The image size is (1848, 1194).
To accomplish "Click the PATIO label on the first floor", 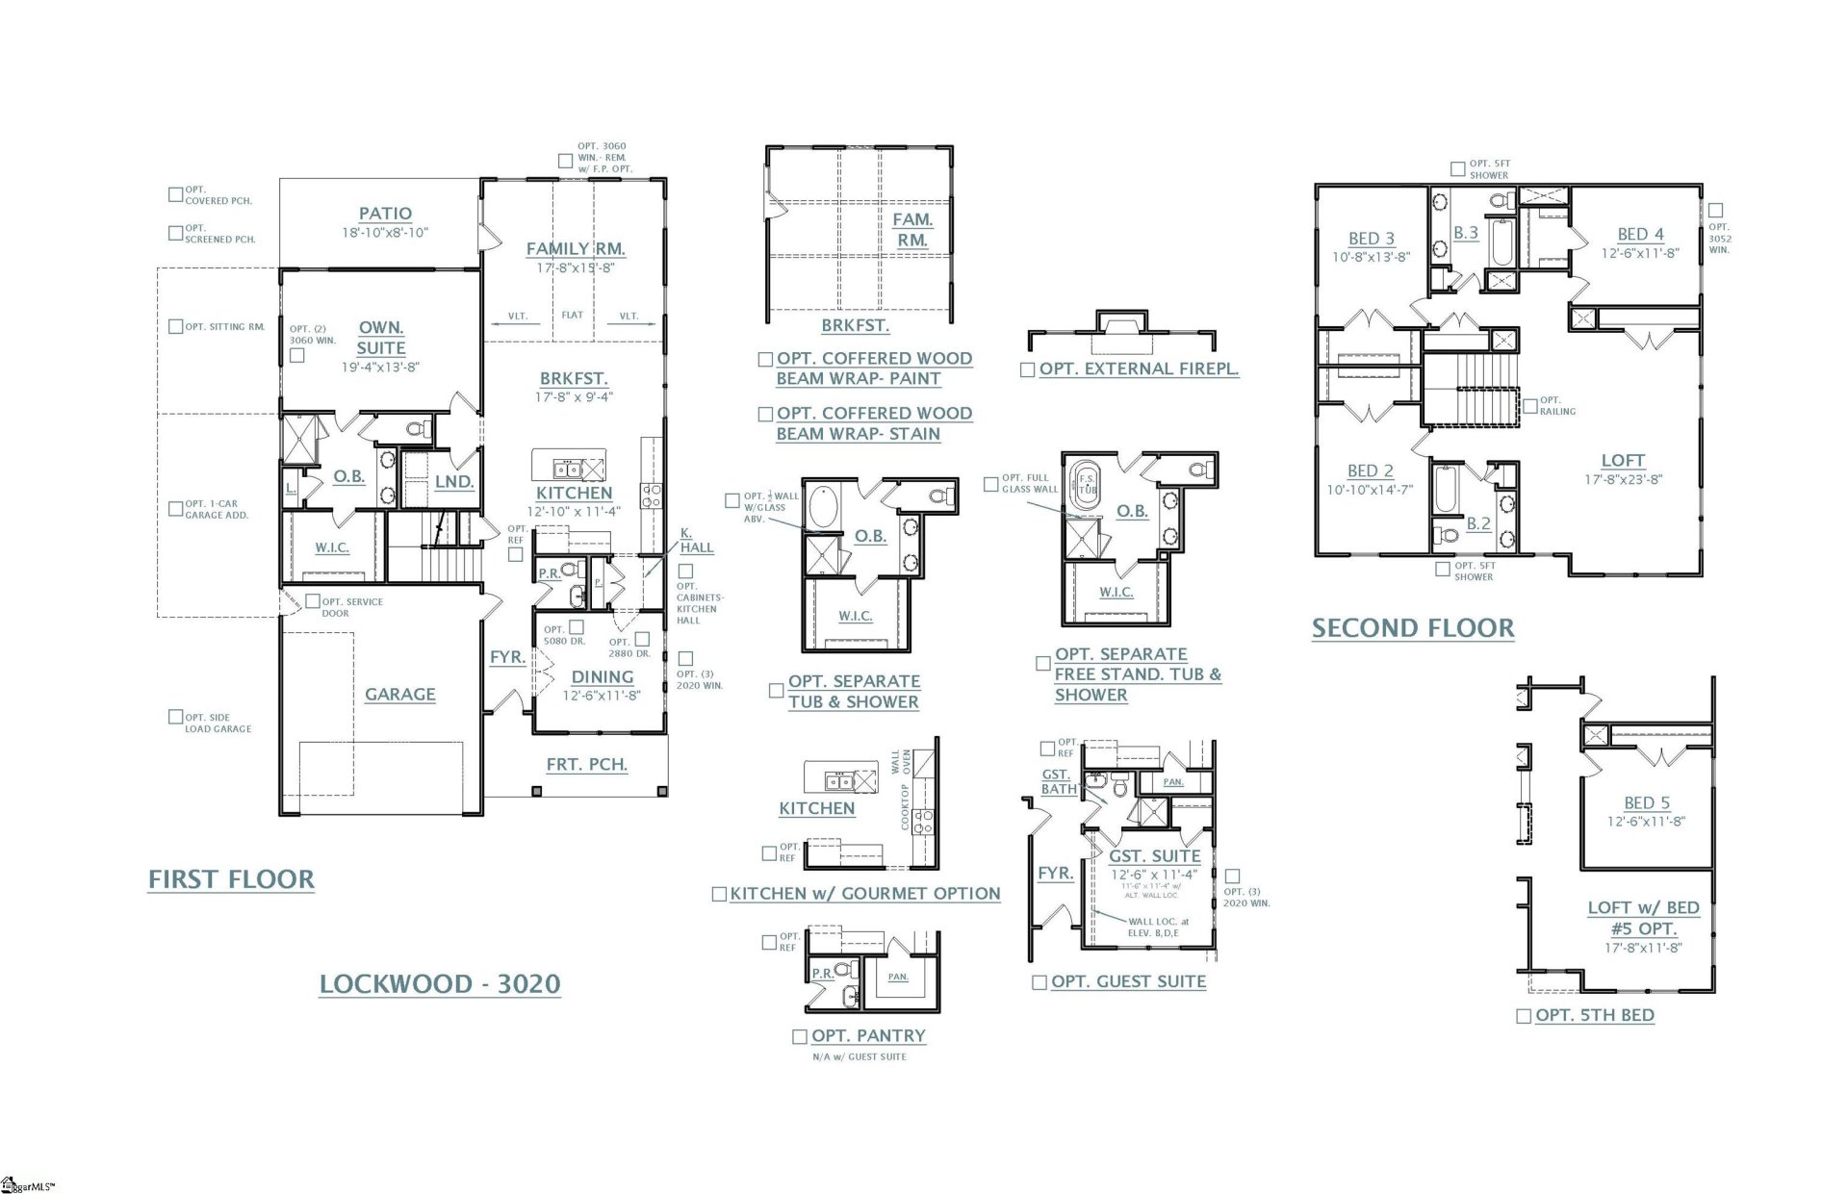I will coord(385,214).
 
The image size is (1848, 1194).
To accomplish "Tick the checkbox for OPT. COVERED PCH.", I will coord(175,194).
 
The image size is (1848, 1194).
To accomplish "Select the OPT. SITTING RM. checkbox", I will coord(175,327).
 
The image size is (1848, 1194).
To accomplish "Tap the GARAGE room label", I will coord(399,694).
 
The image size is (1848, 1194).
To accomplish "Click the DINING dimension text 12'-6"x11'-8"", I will coord(602,696).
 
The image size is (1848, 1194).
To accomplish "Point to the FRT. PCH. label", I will coord(586,764).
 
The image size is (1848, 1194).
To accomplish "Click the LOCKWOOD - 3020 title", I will coord(440,983).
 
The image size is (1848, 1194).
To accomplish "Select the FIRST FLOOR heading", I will coord(231,879).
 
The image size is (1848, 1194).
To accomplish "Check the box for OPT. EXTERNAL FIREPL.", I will coord(1027,369).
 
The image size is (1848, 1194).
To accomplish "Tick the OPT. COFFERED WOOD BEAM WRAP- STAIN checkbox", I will coord(765,415).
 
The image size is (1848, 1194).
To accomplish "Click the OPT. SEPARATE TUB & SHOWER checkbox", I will coord(776,691).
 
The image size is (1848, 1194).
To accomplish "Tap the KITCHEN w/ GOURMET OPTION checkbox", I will coord(718,895).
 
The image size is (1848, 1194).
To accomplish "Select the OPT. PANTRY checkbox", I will coord(799,1036).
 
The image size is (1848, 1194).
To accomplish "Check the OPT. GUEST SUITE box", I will coord(1039,982).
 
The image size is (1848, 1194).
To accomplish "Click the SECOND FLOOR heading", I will coord(1412,628).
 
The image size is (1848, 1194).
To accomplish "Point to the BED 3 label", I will coord(1371,239).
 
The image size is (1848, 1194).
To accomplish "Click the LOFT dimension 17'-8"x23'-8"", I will coord(1623,479).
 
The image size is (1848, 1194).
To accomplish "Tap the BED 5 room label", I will coord(1646,802).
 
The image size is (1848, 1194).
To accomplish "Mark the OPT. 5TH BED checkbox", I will coord(1523,1016).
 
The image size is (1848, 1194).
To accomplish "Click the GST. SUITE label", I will coord(1154,855).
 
